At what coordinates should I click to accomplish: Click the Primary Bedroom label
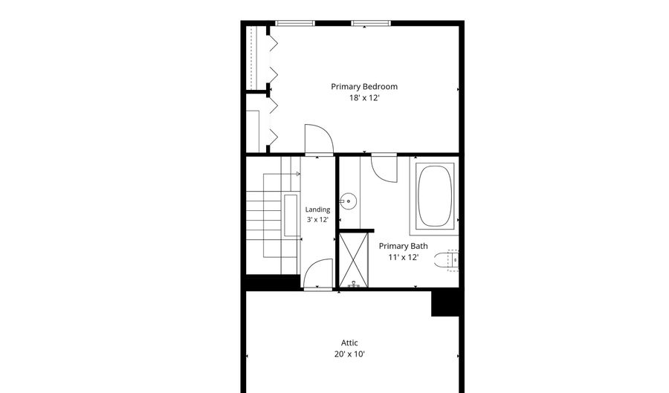(364, 86)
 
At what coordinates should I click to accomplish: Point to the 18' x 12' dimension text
(364, 98)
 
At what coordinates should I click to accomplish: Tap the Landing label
(317, 210)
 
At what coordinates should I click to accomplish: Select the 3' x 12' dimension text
(317, 220)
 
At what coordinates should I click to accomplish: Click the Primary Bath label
(403, 246)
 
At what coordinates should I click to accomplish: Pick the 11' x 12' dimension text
(403, 258)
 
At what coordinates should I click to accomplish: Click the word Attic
(349, 342)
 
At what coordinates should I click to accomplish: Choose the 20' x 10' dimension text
(349, 354)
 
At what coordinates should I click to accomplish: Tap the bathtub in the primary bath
(434, 196)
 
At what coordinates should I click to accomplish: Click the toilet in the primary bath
(446, 260)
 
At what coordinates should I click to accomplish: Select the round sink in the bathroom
(348, 201)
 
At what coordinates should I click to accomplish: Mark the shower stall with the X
(353, 259)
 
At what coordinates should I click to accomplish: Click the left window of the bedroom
(295, 24)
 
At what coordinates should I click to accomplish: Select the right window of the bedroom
(371, 24)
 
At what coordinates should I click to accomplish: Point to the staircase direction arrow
(282, 174)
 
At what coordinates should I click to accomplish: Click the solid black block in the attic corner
(445, 304)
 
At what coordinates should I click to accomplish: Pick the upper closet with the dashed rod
(256, 57)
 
